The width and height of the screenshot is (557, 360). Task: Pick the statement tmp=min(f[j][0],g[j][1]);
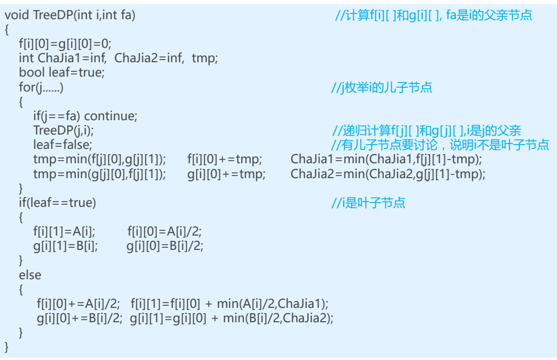pyautogui.click(x=99, y=158)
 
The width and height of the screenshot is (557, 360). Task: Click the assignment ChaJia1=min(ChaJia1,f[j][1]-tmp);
pyautogui.click(x=388, y=158)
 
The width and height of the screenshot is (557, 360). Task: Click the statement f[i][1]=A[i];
pyautogui.click(x=64, y=231)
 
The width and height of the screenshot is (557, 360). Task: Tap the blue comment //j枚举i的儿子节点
pyautogui.click(x=382, y=87)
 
